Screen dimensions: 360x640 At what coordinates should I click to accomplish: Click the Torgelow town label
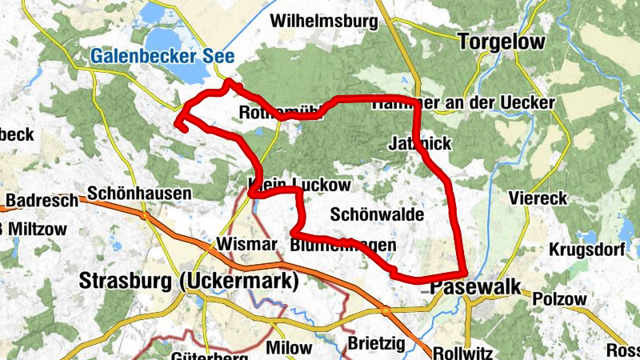502,42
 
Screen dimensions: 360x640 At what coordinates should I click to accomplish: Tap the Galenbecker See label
162,57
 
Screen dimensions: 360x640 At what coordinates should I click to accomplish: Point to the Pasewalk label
475,287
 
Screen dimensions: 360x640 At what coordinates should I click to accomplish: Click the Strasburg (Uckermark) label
189,282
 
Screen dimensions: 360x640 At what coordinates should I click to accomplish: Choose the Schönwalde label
377,214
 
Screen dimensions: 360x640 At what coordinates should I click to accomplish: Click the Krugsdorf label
586,250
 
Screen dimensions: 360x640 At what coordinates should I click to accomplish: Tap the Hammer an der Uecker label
463,103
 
